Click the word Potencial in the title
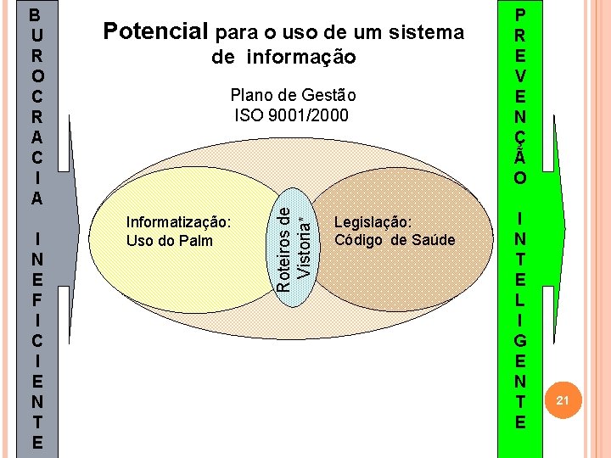point(154,32)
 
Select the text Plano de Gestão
point(293,95)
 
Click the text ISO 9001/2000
point(291,114)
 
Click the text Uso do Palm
point(170,240)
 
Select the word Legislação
point(373,222)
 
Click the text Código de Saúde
point(395,240)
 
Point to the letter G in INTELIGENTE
point(520,340)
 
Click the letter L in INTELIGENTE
point(520,300)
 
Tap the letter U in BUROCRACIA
point(35,36)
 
